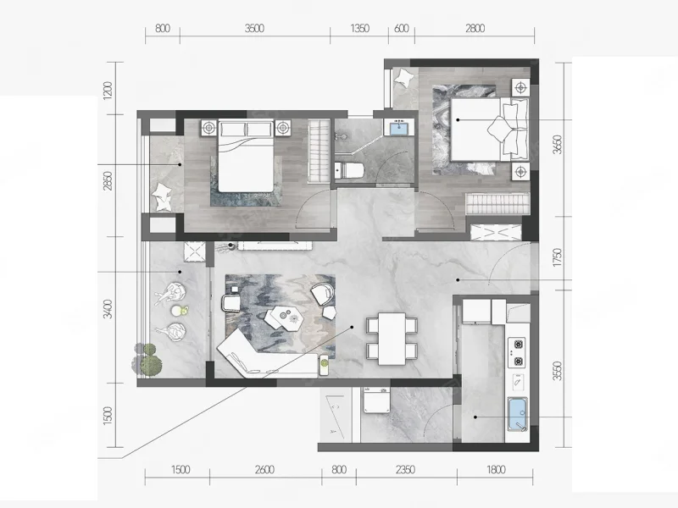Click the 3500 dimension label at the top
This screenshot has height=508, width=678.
(254, 29)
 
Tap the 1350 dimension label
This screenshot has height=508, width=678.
(359, 29)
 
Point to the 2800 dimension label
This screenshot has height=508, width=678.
(475, 29)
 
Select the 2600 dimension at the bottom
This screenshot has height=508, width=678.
(264, 470)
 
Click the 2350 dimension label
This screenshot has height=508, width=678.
(405, 470)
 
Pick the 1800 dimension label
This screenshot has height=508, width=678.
(496, 470)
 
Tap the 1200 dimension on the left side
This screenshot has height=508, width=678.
(108, 91)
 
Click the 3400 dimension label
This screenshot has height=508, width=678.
(108, 309)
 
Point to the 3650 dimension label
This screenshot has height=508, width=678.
(558, 145)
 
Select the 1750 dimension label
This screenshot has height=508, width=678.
(558, 257)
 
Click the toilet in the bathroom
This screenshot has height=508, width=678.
(349, 170)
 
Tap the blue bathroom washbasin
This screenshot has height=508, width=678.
(398, 129)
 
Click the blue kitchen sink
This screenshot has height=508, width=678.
(517, 414)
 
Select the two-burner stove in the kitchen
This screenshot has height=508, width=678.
(517, 352)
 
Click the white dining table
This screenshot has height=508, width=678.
(392, 339)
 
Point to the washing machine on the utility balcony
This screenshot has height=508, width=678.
(376, 400)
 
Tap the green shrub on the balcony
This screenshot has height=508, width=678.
(147, 359)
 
